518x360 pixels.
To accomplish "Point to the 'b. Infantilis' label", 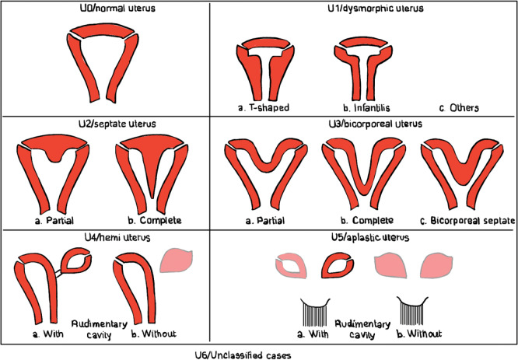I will pos(355,107).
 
